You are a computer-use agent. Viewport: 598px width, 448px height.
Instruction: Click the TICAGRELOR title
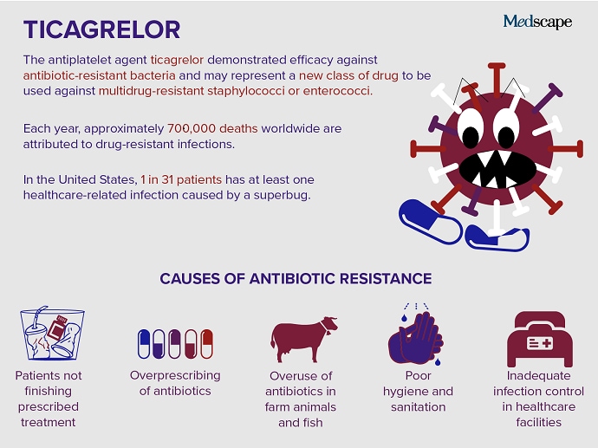tap(101, 29)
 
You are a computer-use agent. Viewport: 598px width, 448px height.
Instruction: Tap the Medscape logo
tap(537, 22)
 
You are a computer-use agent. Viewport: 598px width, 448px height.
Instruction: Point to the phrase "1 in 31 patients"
tap(181, 179)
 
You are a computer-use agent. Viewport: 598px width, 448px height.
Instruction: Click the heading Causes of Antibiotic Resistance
tap(296, 279)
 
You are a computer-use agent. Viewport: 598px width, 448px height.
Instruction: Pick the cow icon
tap(304, 339)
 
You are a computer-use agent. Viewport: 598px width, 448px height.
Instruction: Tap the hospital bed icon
tap(540, 339)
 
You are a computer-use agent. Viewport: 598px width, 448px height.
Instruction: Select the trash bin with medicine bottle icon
tap(52, 333)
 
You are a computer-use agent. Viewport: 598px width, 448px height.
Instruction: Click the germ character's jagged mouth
tap(497, 169)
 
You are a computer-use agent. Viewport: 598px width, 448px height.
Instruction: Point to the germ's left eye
tap(471, 128)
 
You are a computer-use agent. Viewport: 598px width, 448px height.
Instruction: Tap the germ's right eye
tap(506, 127)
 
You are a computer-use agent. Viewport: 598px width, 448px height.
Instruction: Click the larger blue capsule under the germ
tap(431, 222)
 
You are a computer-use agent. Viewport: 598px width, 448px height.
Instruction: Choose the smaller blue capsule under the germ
tap(497, 238)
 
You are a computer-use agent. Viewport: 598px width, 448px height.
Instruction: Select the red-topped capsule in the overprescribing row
tap(207, 343)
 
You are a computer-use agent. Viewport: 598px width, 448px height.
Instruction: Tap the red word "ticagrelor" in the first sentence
tap(177, 61)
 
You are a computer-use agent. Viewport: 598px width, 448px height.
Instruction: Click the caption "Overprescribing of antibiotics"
tap(175, 383)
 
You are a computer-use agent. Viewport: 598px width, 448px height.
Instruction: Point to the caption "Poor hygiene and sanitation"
tap(418, 391)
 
